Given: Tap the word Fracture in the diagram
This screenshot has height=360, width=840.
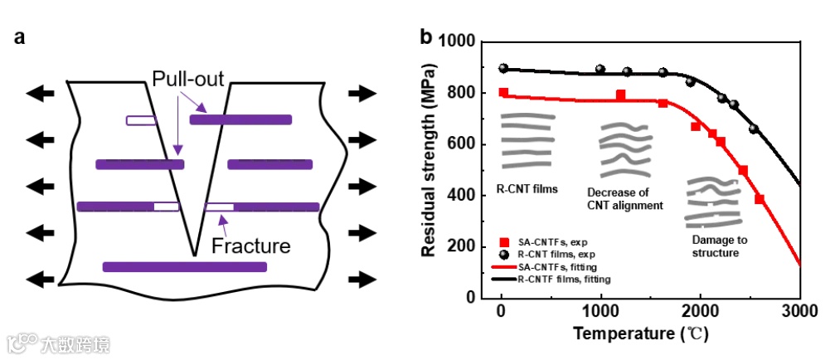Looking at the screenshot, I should pos(250,246).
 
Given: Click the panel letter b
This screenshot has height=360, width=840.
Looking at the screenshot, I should pos(426,37).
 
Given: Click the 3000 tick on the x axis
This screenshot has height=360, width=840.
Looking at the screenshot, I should pos(800,313).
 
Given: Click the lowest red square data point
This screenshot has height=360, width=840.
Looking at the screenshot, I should pos(760,199).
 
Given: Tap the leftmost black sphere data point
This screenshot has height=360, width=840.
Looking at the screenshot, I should pos(503,68).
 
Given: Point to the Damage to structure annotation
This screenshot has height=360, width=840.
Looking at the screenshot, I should pos(719,246).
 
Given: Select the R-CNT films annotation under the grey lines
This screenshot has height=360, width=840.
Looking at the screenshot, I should pos(527,188).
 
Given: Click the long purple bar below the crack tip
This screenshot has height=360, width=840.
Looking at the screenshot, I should pos(185,266).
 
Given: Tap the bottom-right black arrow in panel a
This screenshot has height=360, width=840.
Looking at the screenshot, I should pos(361,278).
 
